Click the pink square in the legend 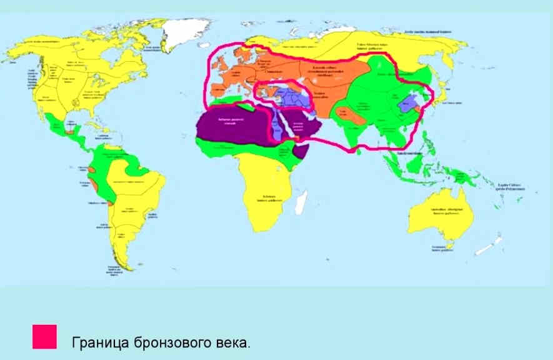point(44,336)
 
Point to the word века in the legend point(233,342)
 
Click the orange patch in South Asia point(346,114)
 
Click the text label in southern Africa point(269,199)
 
